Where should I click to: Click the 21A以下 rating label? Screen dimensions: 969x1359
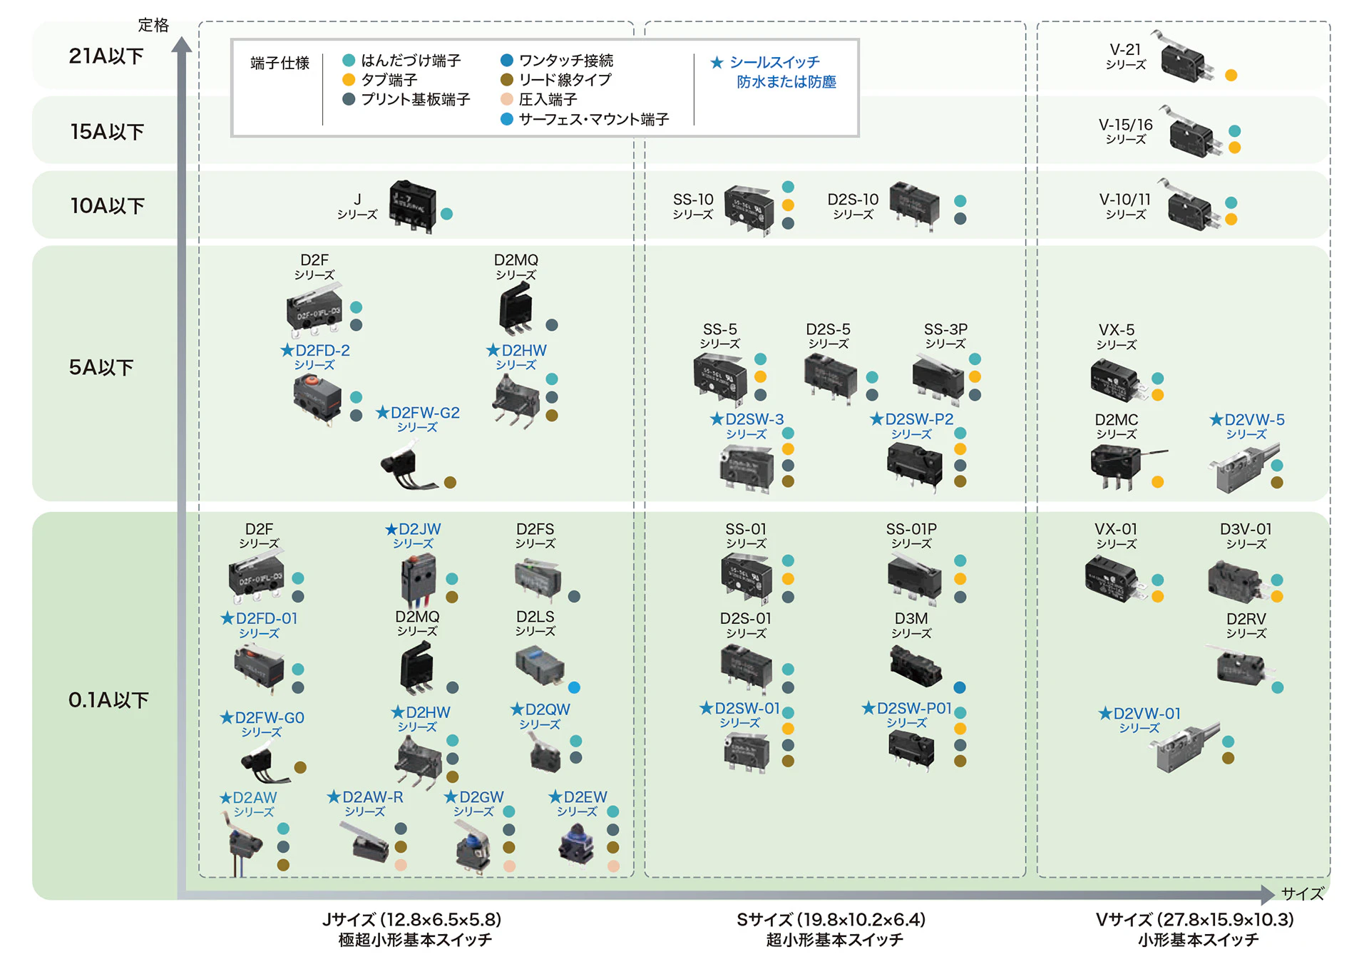(106, 56)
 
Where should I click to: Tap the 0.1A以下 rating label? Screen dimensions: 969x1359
(108, 700)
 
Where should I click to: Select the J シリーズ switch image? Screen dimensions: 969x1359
(412, 206)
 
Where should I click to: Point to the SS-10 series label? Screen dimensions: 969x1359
(693, 205)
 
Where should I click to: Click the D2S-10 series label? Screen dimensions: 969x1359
(853, 205)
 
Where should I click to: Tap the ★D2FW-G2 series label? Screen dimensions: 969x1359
(418, 419)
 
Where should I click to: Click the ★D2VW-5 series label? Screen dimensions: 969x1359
(1246, 426)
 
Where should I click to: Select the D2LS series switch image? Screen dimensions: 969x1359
(540, 665)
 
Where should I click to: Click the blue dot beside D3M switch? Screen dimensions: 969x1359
(960, 688)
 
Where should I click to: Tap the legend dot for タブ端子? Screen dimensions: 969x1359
(349, 80)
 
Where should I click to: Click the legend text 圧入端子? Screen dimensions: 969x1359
(548, 100)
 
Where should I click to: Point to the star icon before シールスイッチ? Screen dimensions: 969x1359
(717, 63)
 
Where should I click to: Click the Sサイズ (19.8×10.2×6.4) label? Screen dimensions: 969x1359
(831, 920)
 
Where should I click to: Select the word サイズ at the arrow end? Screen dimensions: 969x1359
(1302, 893)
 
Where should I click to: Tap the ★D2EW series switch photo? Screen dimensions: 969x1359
(576, 845)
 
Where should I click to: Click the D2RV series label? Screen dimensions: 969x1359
(1246, 625)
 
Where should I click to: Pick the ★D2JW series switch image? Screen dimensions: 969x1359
(419, 579)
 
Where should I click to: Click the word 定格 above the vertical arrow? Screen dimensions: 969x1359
(153, 25)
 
